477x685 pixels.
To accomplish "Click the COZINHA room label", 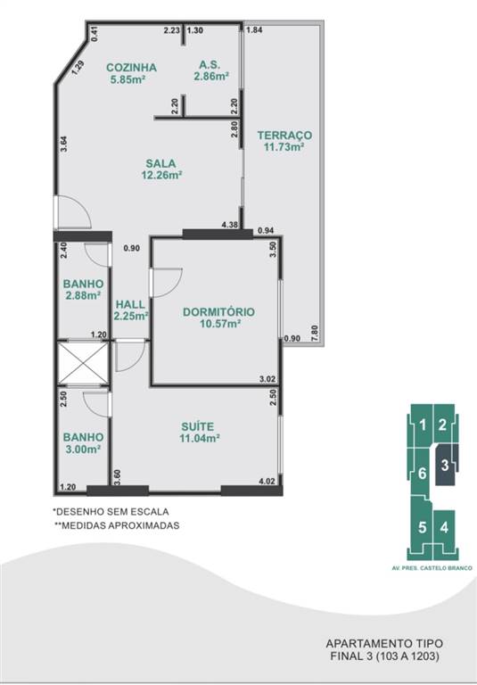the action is tap(131, 67).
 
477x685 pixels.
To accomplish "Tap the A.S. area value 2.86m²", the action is tap(212, 77).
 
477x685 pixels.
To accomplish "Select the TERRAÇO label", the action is tap(284, 135).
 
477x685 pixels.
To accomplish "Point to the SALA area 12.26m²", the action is tap(161, 175).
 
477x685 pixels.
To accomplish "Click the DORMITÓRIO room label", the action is tap(218, 312).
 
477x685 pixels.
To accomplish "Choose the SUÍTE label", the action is tap(198, 426).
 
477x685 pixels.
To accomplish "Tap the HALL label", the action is tap(130, 304).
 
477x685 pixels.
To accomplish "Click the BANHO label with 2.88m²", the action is tap(84, 284).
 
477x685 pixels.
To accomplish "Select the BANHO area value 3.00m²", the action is tap(83, 449).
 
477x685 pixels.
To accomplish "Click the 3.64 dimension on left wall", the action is tap(64, 144).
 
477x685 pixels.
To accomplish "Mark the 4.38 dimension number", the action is tap(230, 225).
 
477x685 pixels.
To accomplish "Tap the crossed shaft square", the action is tap(83, 363).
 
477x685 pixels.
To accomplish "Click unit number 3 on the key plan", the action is tap(445, 465).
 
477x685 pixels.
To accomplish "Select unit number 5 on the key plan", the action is tap(422, 527).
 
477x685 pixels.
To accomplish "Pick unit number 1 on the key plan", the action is tap(423, 425).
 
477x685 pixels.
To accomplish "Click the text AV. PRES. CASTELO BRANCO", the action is tap(432, 568).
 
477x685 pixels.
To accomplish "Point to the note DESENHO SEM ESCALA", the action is tap(111, 512).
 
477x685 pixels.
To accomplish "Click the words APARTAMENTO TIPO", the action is tap(384, 643).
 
